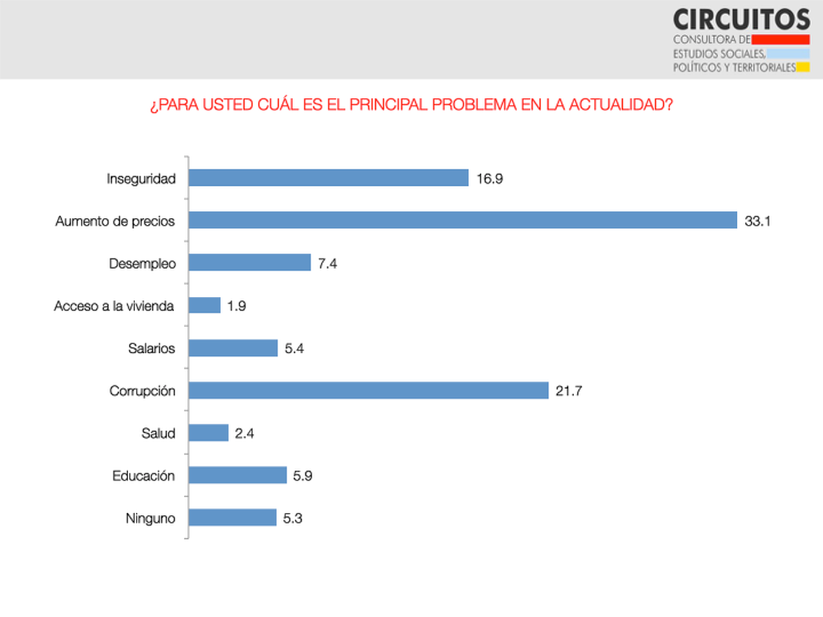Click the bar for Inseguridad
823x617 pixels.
[x=328, y=178]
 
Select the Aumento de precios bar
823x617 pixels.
[x=462, y=221]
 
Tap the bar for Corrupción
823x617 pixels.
[x=368, y=391]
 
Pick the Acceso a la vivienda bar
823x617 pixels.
[x=204, y=306]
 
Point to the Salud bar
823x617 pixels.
[x=208, y=433]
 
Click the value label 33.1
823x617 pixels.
[x=758, y=221]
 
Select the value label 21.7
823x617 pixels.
[x=569, y=391]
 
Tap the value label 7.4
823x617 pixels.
[x=328, y=264]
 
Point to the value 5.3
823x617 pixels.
[x=293, y=518]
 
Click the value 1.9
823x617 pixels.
[x=237, y=306]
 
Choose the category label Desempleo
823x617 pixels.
[x=143, y=264]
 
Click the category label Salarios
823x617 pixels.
[x=152, y=348]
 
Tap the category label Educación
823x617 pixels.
[x=144, y=476]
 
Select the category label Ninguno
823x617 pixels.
[x=150, y=518]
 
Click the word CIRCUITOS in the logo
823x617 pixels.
[x=741, y=19]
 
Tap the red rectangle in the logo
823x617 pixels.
[x=781, y=39]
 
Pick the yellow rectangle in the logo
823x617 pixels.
[x=803, y=67]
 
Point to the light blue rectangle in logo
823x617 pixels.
[x=788, y=53]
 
